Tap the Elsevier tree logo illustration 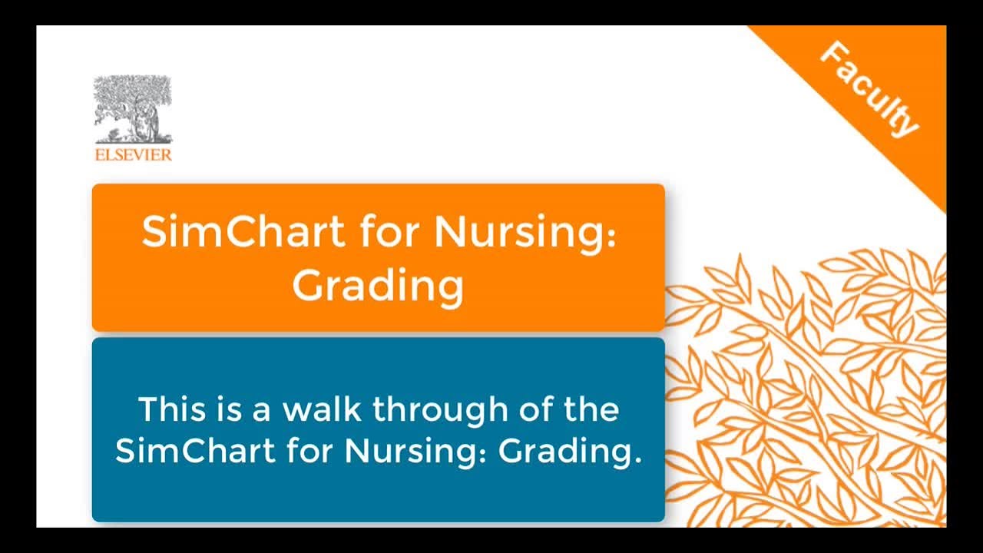133,109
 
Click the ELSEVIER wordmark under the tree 133,155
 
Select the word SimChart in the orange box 243,231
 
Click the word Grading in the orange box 378,286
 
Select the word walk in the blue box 323,409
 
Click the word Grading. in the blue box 570,451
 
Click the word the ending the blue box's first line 591,409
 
